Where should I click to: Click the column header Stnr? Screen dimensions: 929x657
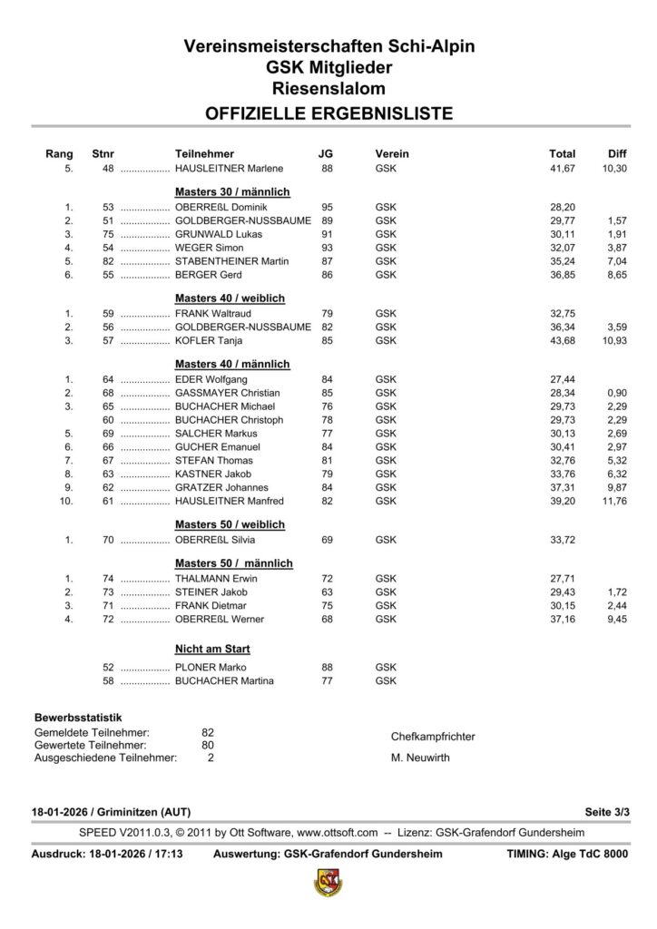click(x=103, y=154)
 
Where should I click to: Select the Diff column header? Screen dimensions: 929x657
click(x=617, y=154)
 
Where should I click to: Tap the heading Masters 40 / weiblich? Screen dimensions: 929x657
click(x=230, y=298)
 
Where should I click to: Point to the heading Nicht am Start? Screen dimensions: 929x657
click(x=212, y=649)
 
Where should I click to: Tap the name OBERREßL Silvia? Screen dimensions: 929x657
click(x=211, y=540)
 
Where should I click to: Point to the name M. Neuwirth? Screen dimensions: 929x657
click(x=419, y=758)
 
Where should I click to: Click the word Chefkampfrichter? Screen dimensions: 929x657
click(x=433, y=737)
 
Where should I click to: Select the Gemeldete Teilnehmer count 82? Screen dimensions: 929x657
click(x=207, y=731)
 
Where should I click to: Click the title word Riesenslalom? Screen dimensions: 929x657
click(x=328, y=88)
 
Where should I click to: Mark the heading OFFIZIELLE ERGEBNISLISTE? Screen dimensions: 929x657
click(x=328, y=113)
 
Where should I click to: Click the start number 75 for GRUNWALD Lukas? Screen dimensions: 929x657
click(x=108, y=234)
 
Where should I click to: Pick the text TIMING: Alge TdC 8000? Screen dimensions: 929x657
click(x=567, y=854)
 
